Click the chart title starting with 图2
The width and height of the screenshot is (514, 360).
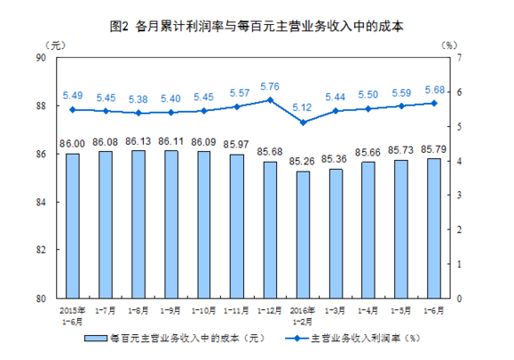(x=257, y=27)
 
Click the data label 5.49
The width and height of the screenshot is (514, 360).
(x=72, y=95)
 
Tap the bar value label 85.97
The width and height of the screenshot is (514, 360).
(x=237, y=144)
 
